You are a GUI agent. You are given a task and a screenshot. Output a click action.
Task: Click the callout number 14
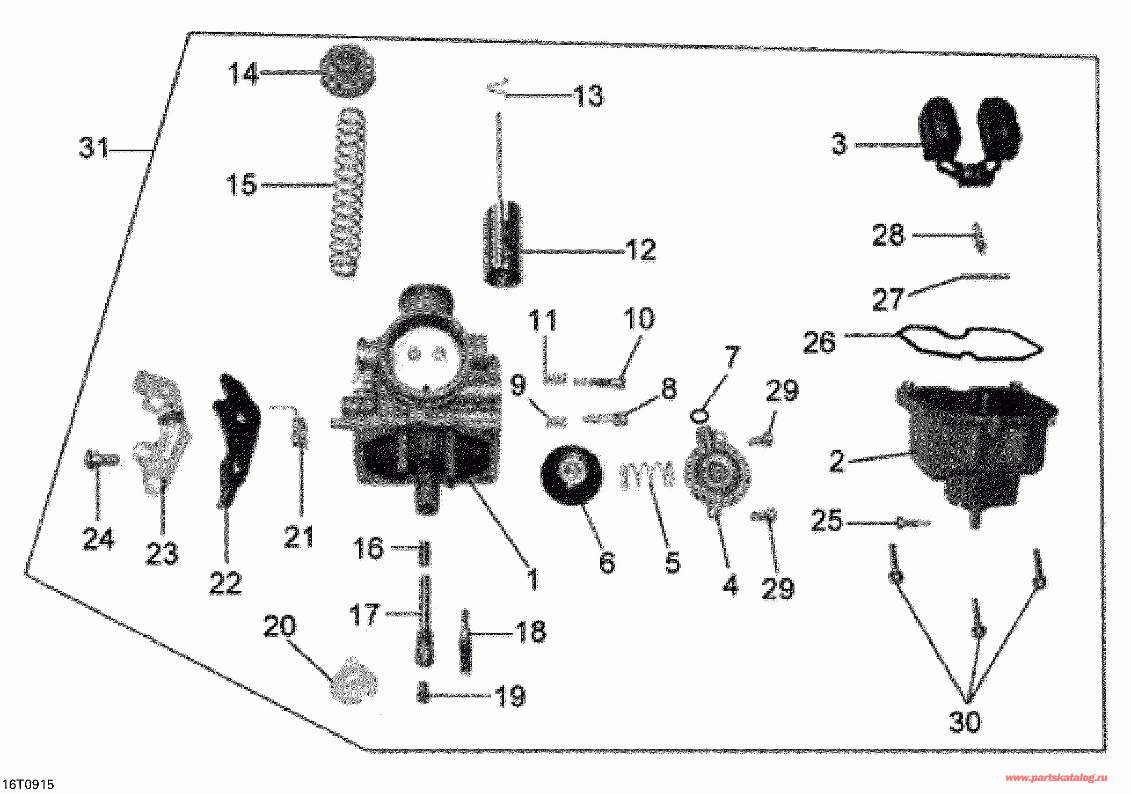(x=243, y=73)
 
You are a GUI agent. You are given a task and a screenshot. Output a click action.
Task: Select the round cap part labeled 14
(x=347, y=71)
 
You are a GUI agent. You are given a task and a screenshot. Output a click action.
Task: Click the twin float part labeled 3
(x=969, y=141)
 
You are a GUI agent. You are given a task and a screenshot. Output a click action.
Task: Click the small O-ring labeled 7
(x=699, y=415)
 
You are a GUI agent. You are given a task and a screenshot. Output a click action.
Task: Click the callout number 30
(x=965, y=722)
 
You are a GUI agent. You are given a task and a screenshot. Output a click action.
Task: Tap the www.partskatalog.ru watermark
(x=1056, y=778)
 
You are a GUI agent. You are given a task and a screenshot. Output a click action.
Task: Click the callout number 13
(x=588, y=96)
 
